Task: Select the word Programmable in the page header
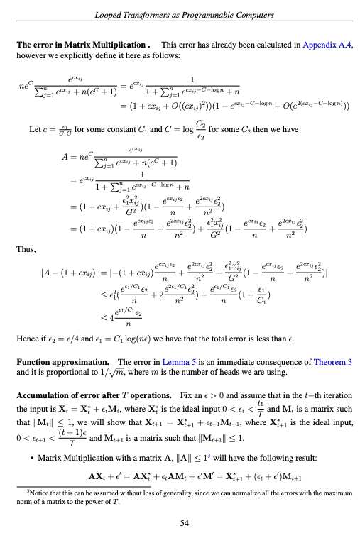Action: click(207, 15)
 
